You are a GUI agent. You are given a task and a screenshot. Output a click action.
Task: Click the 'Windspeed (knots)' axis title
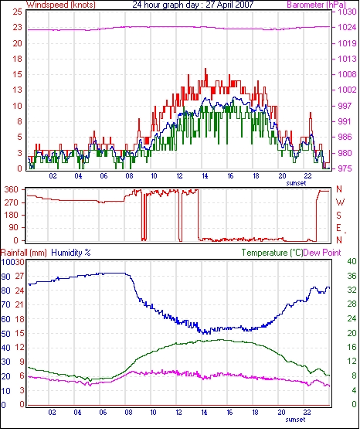pos(61,5)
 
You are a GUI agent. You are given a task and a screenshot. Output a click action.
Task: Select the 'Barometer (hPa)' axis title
pos(316,5)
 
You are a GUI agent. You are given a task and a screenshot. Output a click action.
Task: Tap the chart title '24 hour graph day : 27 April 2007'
pos(193,5)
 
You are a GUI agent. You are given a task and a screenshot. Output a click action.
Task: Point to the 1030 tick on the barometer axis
pos(347,12)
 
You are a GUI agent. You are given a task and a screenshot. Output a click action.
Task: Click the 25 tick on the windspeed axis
pos(18,12)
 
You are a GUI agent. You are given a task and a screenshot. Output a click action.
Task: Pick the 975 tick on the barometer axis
pos(345,168)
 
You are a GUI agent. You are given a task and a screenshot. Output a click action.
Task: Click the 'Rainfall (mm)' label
pos(24,253)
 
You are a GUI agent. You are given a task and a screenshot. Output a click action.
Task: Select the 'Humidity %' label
pos(71,253)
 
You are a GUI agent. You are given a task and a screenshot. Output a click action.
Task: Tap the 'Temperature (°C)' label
pos(272,253)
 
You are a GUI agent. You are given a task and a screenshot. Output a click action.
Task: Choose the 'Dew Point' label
pos(322,253)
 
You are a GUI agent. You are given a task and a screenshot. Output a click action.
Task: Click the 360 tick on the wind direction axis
pos(12,190)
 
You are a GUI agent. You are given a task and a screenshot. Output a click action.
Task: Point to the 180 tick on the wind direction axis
pos(12,215)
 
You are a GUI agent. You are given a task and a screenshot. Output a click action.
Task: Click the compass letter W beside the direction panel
pos(340,202)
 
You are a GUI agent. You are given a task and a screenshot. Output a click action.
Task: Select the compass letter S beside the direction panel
pos(338,216)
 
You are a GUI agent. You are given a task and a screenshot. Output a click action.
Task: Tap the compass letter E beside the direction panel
pos(338,228)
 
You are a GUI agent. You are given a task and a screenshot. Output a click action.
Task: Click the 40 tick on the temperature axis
pos(352,261)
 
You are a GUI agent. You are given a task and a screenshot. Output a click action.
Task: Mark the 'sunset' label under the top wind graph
pos(296,183)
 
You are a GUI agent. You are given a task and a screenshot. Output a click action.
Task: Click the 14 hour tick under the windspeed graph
pos(205,176)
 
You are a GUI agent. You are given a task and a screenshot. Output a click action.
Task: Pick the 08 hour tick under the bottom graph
pos(128,413)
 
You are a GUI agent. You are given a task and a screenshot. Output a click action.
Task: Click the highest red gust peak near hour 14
pos(205,69)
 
